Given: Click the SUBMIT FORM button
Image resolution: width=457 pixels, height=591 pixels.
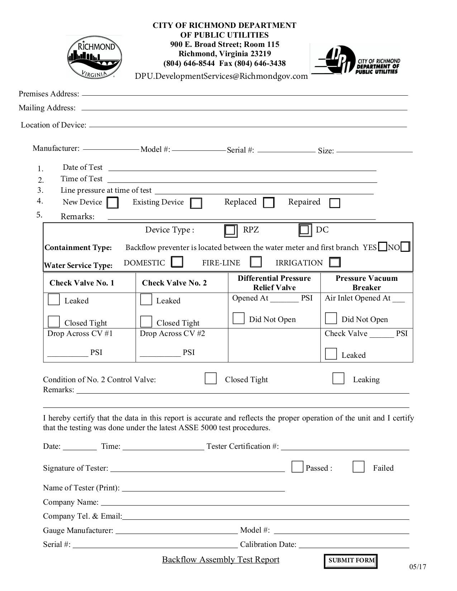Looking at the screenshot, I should tap(351, 561).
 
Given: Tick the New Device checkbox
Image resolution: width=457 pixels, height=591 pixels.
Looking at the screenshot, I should tap(113, 203).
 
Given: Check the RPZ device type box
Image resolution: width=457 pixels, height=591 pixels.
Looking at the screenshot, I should tap(230, 230).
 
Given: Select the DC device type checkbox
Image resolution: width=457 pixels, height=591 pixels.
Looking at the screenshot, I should tap(305, 230).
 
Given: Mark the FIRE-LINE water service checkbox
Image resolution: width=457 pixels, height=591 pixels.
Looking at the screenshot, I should tap(256, 262).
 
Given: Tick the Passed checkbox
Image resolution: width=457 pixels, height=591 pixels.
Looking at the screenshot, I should tap(297, 467).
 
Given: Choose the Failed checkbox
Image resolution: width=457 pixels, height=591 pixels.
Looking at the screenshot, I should tap(358, 467).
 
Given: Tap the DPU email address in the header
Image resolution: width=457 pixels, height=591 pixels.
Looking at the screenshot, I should tap(221, 76).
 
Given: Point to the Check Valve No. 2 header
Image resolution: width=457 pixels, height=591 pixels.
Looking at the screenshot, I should tap(174, 283).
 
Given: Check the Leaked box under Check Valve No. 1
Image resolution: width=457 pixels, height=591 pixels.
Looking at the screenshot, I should tap(54, 299).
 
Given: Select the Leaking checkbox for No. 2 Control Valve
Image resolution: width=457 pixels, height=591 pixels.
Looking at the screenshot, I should tap(338, 379).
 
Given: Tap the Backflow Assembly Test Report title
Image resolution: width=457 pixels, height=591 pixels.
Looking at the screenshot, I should tap(220, 560).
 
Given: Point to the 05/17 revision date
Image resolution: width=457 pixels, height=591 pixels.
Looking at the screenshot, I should tap(418, 567).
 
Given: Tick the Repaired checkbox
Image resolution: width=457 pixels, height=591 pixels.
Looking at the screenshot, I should tap(334, 203).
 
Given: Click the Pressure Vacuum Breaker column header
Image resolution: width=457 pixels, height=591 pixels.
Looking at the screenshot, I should tap(366, 283).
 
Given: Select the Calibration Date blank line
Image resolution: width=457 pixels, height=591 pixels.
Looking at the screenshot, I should tap(354, 545).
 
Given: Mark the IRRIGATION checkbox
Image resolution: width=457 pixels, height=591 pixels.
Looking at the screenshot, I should tap(334, 262).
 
